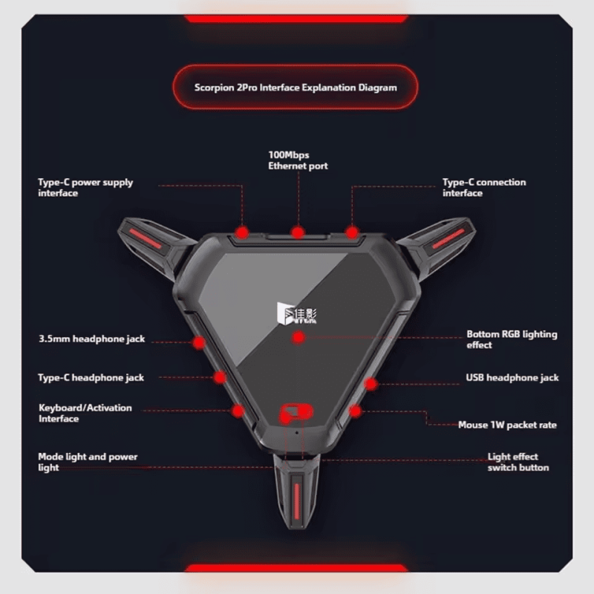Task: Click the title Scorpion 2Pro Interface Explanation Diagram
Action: point(296,88)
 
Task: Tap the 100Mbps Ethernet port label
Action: point(298,160)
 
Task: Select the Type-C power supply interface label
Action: point(85,188)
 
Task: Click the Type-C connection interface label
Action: point(484,188)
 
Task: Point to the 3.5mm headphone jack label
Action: point(91,339)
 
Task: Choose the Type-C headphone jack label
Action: point(91,378)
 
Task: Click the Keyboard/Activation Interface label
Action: point(85,413)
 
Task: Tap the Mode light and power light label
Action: point(88,462)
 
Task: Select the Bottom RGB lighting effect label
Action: point(512,339)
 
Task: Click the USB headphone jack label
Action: point(512,378)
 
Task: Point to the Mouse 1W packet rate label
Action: point(507,425)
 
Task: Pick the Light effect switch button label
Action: point(518,462)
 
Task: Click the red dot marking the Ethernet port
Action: point(298,232)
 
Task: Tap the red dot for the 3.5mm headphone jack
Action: point(199,342)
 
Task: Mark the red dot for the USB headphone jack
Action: point(371,384)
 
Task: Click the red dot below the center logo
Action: point(298,338)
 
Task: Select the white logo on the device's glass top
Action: point(296,313)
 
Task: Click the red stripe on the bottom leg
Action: point(296,500)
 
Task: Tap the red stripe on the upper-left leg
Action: point(145,238)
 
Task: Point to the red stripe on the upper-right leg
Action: point(448,238)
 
